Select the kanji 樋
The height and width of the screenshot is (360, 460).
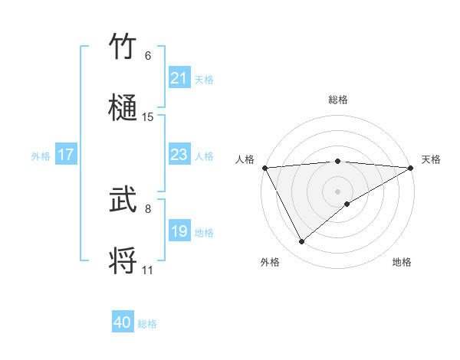(x=125, y=108)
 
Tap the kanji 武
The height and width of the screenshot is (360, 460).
(x=125, y=201)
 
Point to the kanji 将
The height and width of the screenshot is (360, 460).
(x=125, y=260)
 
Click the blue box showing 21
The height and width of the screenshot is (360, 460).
(x=179, y=78)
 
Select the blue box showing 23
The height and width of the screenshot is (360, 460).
(x=179, y=155)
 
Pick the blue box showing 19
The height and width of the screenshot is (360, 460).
(x=179, y=231)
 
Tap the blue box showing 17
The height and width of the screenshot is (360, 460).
(x=66, y=155)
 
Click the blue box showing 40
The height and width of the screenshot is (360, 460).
(x=123, y=322)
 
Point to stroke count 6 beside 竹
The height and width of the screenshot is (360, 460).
(x=148, y=56)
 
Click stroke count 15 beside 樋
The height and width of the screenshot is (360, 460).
(x=148, y=117)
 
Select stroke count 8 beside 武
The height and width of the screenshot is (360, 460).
(x=148, y=208)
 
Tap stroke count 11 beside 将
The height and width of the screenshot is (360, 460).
(x=148, y=270)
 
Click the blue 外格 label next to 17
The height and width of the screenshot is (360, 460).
(x=41, y=155)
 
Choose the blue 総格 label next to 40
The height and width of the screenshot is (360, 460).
(x=147, y=324)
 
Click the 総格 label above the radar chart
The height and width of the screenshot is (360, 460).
(x=338, y=100)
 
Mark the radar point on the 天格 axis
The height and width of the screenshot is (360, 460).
(x=412, y=168)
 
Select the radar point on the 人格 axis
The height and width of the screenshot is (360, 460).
(x=264, y=168)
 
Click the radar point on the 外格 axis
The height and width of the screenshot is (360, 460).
(x=301, y=242)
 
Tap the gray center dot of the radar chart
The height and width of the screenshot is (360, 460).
(x=338, y=191)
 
